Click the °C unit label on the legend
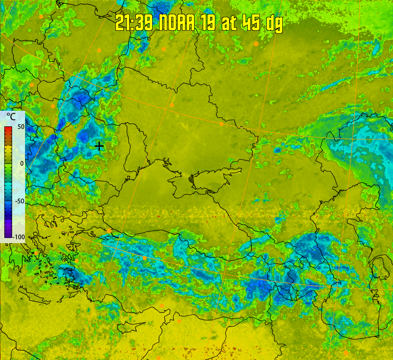tap(11, 117)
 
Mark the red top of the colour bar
tap(8, 129)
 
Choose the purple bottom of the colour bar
tap(8, 234)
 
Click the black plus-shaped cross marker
tap(99, 146)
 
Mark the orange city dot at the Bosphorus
tap(109, 231)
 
